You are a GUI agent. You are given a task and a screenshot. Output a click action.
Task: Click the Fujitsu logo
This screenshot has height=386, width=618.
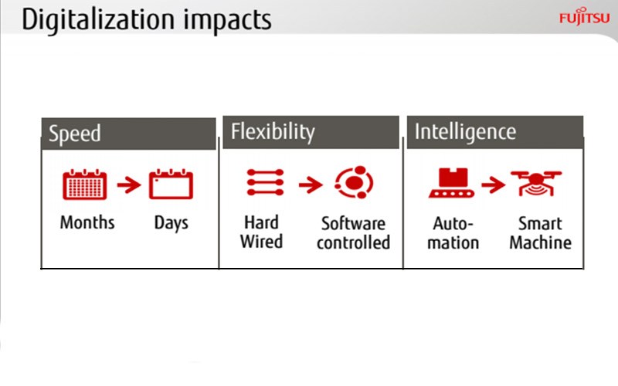585,16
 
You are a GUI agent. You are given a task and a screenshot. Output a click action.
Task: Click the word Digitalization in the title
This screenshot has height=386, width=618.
98,20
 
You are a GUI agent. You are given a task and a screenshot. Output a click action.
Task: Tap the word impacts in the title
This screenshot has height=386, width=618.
227,20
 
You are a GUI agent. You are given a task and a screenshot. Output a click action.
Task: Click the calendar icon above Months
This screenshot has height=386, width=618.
85,185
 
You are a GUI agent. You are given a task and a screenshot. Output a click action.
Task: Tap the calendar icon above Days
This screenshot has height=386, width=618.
171,185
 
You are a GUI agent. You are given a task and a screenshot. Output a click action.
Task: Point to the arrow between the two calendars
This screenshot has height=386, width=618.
129,185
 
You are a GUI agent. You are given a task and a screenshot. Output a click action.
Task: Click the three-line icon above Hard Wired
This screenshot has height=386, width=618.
265,182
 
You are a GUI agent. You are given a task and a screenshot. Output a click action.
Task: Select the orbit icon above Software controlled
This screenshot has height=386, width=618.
354,182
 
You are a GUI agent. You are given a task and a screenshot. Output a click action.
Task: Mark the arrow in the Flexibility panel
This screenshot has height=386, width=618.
311,185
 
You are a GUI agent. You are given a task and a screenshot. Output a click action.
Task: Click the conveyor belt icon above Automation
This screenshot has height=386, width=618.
452,183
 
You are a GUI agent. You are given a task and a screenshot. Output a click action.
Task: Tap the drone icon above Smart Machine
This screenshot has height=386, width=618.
536,183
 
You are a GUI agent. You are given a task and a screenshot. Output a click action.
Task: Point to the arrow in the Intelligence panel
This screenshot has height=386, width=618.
493,185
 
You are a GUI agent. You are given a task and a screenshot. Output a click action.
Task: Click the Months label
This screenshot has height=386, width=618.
87,222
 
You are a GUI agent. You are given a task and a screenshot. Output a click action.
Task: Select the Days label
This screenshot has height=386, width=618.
171,224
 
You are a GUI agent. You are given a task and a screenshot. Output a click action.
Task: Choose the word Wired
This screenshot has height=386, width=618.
262,242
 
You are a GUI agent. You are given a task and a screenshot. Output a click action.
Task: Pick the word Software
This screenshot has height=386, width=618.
354,223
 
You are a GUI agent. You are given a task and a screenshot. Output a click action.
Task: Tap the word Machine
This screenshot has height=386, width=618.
540,242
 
